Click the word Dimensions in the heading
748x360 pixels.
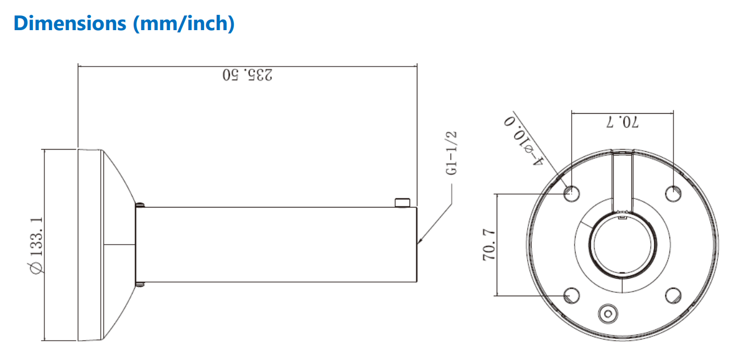pos(66,23)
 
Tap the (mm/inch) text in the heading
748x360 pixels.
pos(183,23)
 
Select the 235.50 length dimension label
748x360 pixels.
pos(247,75)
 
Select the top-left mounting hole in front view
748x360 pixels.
pos(571,193)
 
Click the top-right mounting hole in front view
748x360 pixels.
pos(673,193)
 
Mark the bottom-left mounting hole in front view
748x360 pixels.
pos(571,295)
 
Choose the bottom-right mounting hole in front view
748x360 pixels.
pos(673,295)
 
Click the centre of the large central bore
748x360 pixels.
pos(622,245)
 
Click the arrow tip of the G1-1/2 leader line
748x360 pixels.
pos(419,243)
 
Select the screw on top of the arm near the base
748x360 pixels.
pos(139,204)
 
